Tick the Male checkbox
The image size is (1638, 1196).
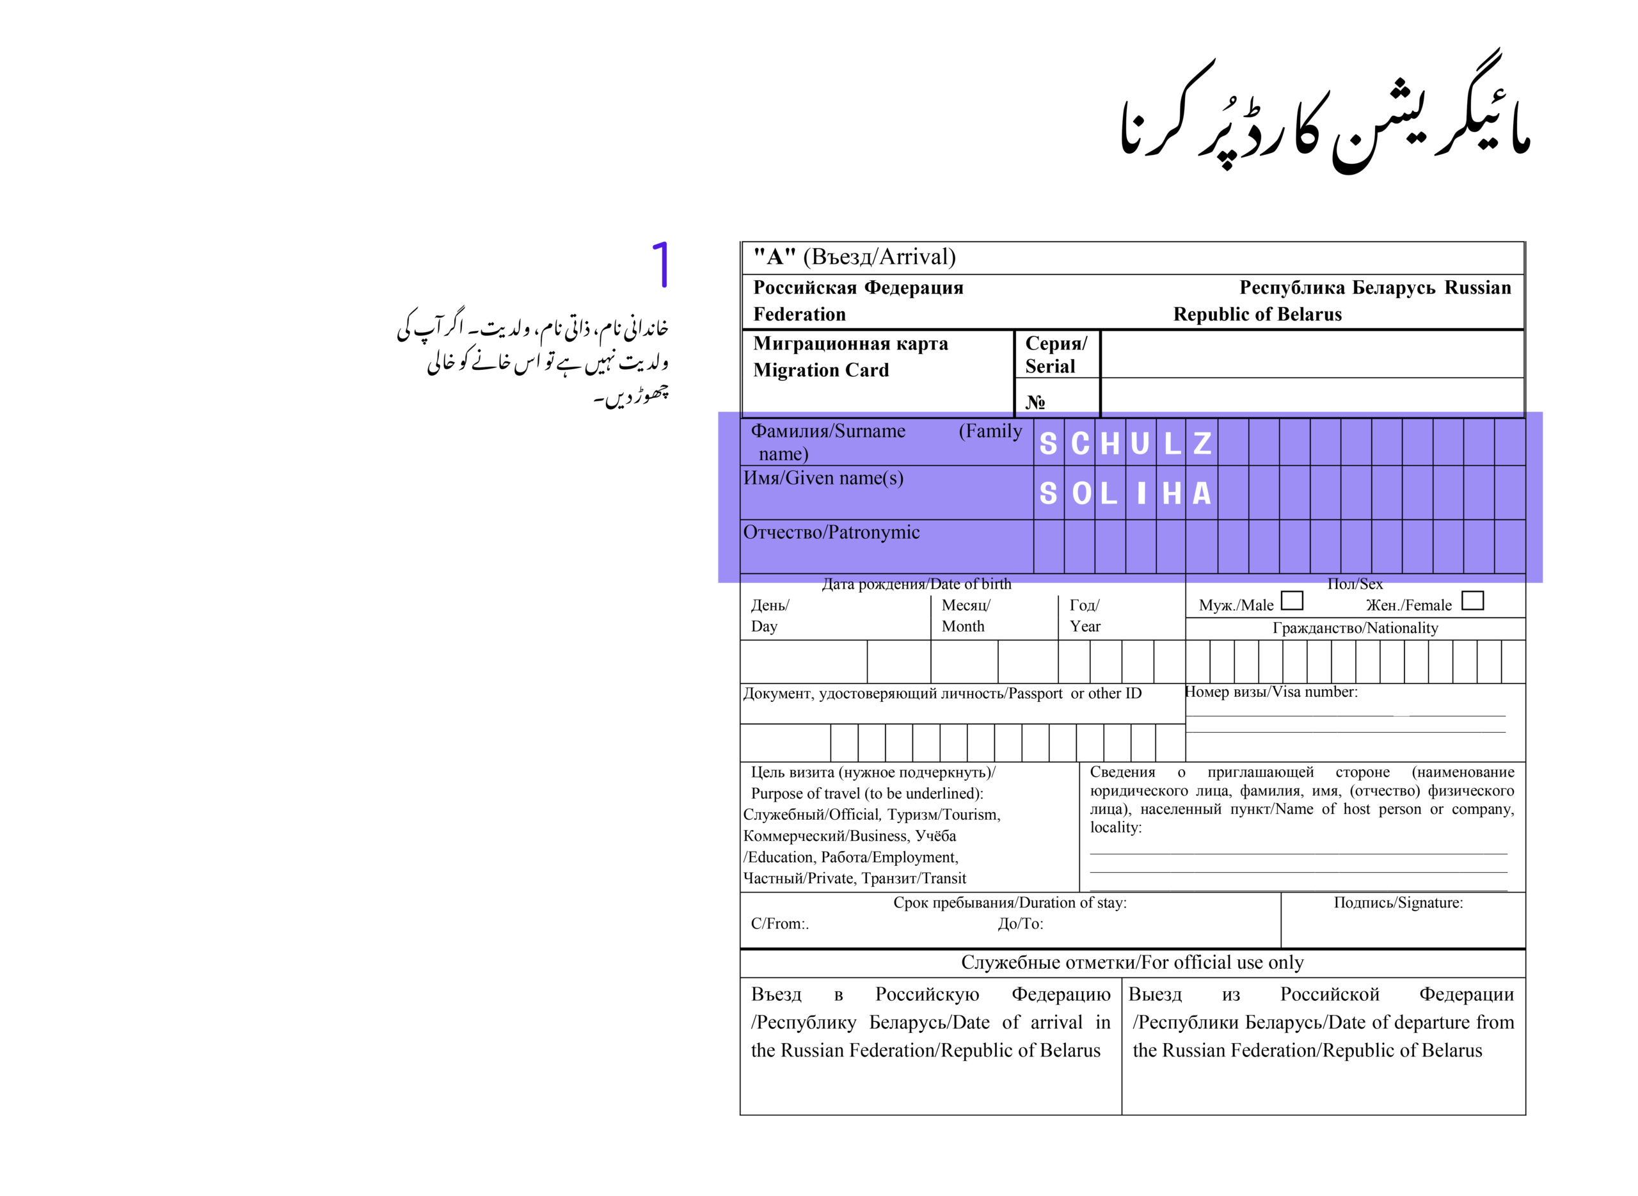pyautogui.click(x=1291, y=601)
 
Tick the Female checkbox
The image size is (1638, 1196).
pyautogui.click(x=1472, y=601)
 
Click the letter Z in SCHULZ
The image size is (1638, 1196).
pyautogui.click(x=1202, y=443)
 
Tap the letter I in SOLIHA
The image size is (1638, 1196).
pyautogui.click(x=1141, y=494)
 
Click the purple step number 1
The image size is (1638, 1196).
pyautogui.click(x=660, y=265)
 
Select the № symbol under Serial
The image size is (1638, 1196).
pyautogui.click(x=1035, y=402)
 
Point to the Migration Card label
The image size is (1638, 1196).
pyautogui.click(x=821, y=370)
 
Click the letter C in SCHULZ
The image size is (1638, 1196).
pyautogui.click(x=1080, y=443)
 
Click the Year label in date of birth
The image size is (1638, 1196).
pyautogui.click(x=1085, y=626)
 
